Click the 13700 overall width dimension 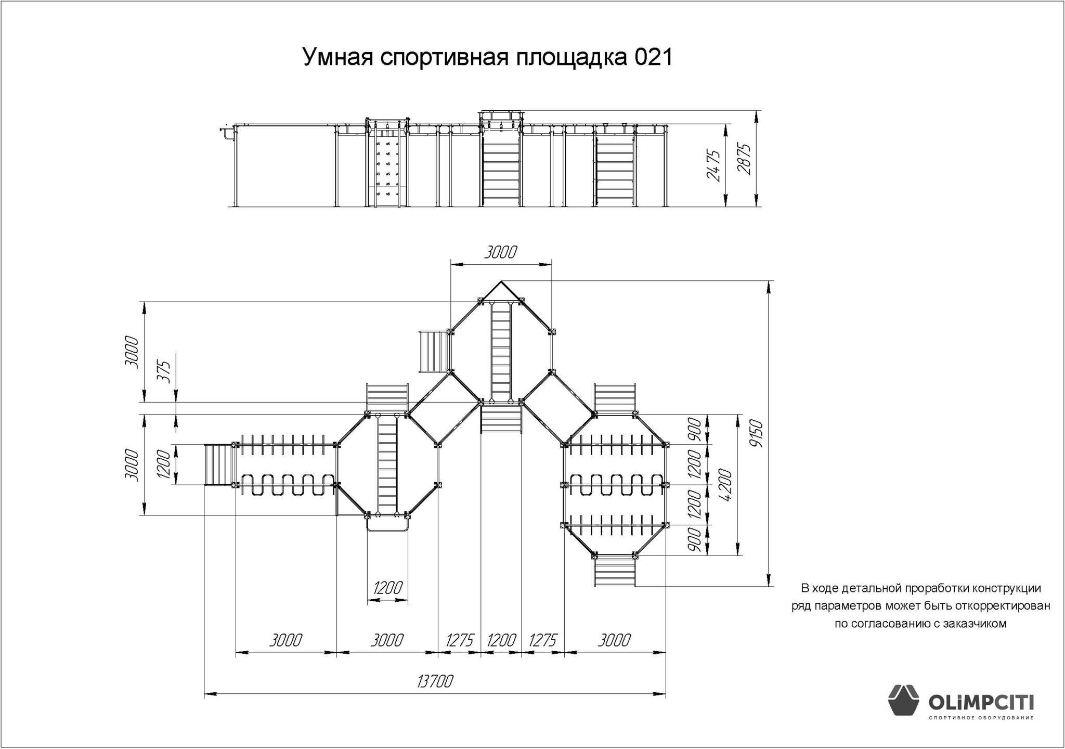coord(435,681)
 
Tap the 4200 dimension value coord(725,485)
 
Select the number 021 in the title coord(653,57)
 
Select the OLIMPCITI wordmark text coord(981,704)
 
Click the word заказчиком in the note coord(979,624)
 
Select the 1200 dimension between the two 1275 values coord(501,640)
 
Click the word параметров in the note coord(845,606)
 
